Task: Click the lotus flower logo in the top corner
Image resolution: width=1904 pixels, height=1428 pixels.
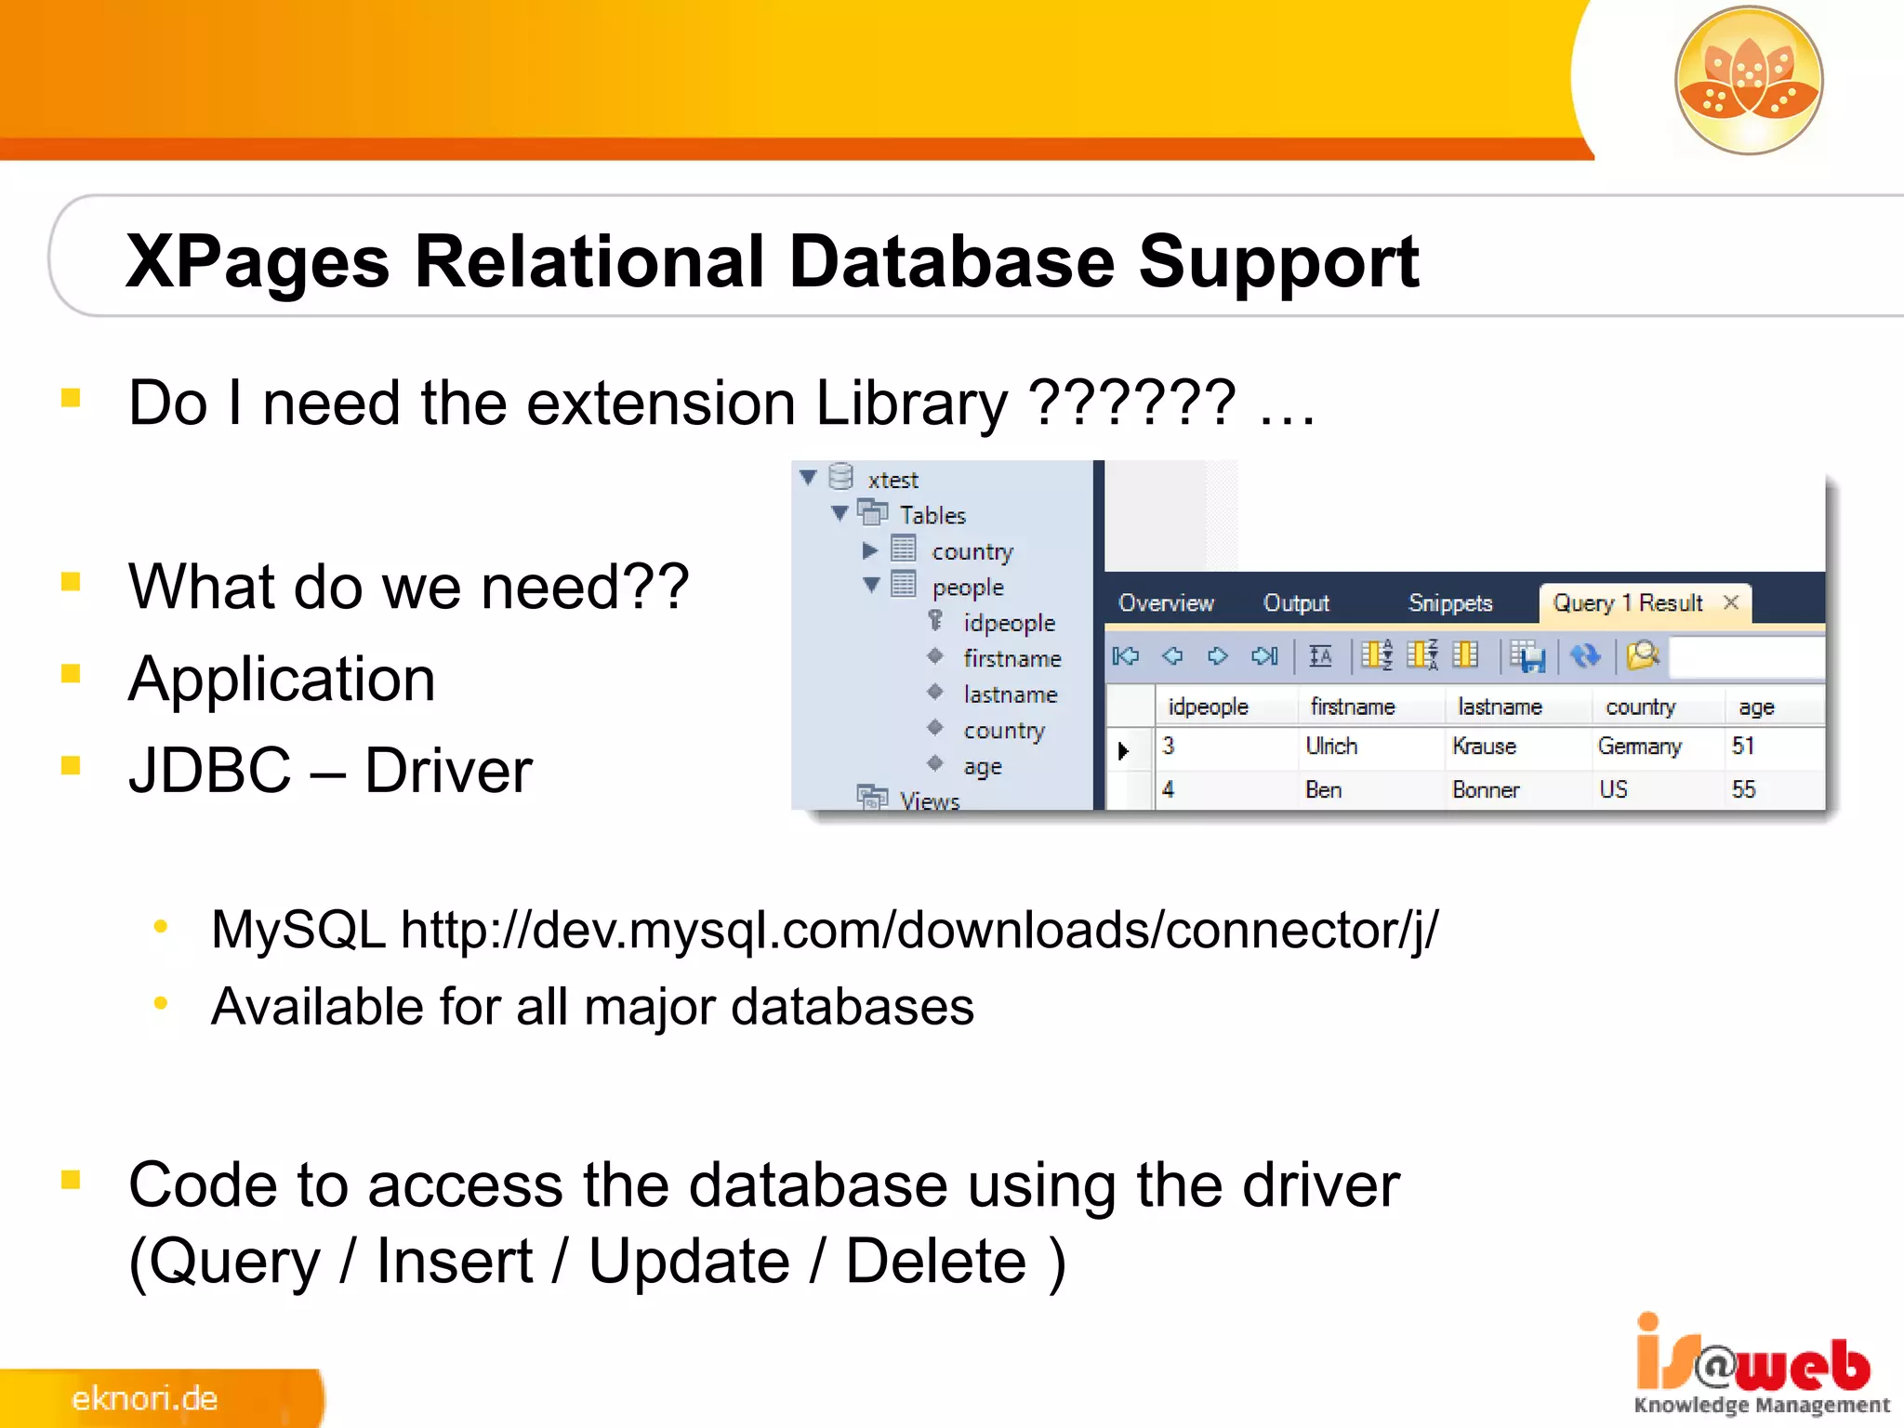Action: click(1748, 80)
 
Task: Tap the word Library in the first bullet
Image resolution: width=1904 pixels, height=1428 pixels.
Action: click(910, 403)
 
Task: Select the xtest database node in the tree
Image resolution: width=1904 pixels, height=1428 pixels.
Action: click(892, 480)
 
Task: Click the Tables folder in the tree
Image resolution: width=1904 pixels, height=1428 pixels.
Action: click(932, 515)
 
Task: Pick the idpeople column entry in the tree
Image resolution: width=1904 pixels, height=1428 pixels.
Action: click(1009, 623)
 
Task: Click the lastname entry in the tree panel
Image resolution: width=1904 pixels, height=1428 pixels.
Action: click(1010, 694)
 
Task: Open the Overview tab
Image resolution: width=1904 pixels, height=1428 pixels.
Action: click(1166, 603)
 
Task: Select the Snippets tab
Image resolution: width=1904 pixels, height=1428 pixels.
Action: click(1449, 603)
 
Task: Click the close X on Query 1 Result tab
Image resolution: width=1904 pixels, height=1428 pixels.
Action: click(1731, 602)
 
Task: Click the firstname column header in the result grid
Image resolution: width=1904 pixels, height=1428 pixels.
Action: click(1352, 707)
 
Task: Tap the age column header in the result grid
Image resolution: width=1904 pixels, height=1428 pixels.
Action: click(1755, 707)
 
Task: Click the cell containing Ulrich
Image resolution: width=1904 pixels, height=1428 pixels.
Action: click(1331, 747)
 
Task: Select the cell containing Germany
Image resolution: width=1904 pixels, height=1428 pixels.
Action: click(1639, 747)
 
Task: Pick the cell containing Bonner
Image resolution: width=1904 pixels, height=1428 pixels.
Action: click(1485, 790)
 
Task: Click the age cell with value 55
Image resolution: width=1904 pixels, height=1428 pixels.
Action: click(1743, 790)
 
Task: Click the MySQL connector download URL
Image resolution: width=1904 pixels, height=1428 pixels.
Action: click(919, 930)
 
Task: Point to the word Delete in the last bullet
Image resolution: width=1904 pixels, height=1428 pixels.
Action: click(935, 1263)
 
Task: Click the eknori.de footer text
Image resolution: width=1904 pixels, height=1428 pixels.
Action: click(145, 1399)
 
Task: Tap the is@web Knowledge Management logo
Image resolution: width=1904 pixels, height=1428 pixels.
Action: click(1759, 1367)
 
